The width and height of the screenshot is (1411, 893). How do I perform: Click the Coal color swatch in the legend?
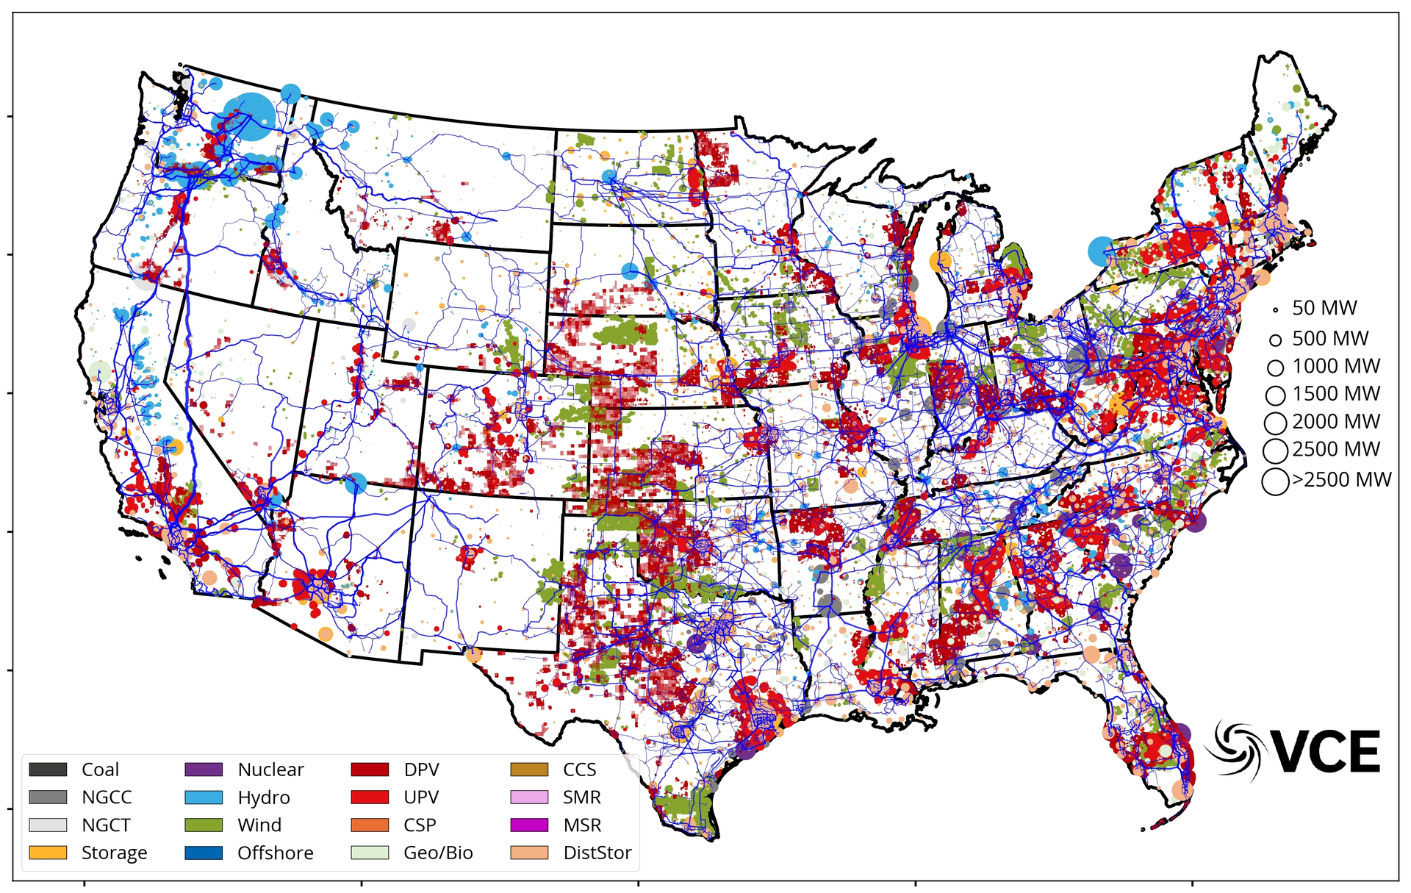pos(48,770)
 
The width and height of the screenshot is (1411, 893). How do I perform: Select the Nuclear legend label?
pos(270,770)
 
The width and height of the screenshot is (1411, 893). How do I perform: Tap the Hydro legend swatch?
pos(204,797)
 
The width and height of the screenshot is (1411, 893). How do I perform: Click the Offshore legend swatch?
pos(204,853)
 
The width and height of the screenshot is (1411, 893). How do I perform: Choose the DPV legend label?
pos(421,770)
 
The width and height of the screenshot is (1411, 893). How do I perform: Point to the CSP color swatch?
pos(370,825)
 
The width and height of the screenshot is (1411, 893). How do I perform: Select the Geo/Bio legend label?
pos(438,853)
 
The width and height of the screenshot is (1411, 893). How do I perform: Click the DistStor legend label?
pos(597,853)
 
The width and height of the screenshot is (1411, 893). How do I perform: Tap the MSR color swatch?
pos(529,825)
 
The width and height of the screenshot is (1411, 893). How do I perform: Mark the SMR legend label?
pos(581,797)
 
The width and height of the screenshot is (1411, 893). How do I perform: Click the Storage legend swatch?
pos(48,853)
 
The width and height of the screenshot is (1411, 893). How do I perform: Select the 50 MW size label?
pos(1324,308)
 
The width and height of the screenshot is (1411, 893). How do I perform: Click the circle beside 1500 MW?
pos(1276,395)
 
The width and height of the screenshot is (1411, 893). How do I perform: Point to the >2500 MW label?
pos(1342,480)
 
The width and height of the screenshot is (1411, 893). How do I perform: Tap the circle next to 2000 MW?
pos(1276,423)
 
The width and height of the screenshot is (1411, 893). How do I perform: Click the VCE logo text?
pos(1326,752)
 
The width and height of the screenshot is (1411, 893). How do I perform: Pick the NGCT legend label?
pos(106,825)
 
